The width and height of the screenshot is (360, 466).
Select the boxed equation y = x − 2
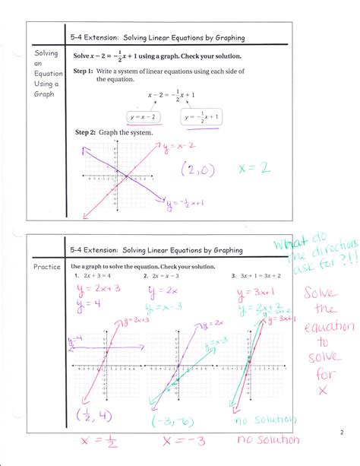144,116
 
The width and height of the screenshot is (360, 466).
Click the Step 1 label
83,71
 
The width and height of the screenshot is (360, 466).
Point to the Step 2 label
85,132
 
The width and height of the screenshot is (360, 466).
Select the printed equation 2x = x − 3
168,276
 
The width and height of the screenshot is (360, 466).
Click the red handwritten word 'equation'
329,328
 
